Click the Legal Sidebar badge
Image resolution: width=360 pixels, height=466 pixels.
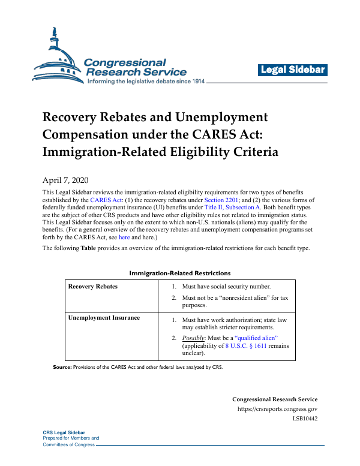coord(293,70)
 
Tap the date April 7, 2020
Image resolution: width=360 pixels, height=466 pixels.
coord(65,181)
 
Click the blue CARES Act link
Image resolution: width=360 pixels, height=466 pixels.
coord(104,200)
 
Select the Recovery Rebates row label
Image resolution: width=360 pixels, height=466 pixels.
coord(93,287)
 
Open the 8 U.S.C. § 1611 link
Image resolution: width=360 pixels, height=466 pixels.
coord(235,346)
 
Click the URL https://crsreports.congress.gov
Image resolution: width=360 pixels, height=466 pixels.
coord(278,409)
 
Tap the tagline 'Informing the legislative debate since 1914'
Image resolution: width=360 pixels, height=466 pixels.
coord(146,81)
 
